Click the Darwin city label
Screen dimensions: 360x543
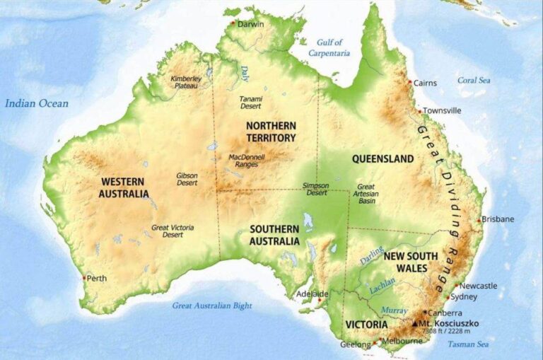pos(251,24)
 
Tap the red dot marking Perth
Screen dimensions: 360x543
pos(84,278)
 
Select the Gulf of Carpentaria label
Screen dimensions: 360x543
pos(329,48)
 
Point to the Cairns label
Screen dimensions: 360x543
pos(425,83)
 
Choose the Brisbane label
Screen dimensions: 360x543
pos(498,219)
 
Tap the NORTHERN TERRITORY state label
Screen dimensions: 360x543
pos(271,131)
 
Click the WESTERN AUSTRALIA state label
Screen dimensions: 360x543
pos(124,187)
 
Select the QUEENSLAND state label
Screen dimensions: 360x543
pos(383,159)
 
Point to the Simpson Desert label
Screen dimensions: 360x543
pos(315,189)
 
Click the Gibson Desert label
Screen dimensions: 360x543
pos(187,179)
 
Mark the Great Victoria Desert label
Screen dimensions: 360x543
pos(173,231)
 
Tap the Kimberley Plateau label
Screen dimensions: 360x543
pos(186,81)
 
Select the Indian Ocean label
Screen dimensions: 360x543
pos(37,104)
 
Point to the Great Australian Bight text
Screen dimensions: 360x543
pos(212,306)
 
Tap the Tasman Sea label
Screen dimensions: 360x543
pos(468,344)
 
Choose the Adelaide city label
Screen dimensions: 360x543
pos(312,294)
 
